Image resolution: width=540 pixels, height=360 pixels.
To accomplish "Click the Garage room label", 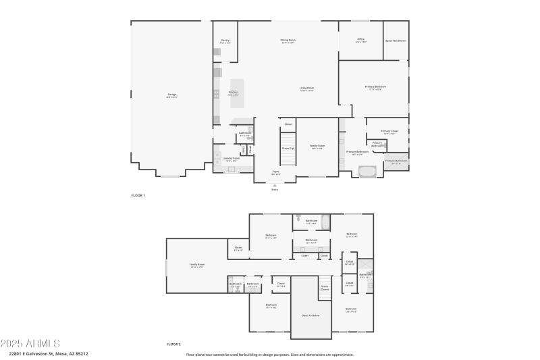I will point(172,95).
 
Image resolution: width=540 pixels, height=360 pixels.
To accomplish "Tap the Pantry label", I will point(225,41).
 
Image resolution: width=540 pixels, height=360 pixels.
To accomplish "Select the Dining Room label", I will point(288,41).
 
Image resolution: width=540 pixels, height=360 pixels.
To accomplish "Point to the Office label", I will point(360,40).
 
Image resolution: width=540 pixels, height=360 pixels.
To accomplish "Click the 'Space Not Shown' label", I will point(396,41).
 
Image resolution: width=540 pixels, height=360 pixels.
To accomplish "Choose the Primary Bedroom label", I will point(375,87).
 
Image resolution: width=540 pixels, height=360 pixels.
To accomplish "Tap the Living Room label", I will point(306,88).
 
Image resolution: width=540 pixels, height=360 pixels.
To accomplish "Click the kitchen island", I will point(235,93).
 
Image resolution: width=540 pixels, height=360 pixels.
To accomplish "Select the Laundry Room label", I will point(231,159).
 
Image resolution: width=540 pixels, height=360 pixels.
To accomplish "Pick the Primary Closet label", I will point(389,132).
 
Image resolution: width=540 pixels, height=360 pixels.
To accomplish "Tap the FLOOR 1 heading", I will point(138,195).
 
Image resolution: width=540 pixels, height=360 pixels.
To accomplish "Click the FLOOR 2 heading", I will point(173,344).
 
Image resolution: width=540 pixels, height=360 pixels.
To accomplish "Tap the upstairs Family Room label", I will point(196,266).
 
